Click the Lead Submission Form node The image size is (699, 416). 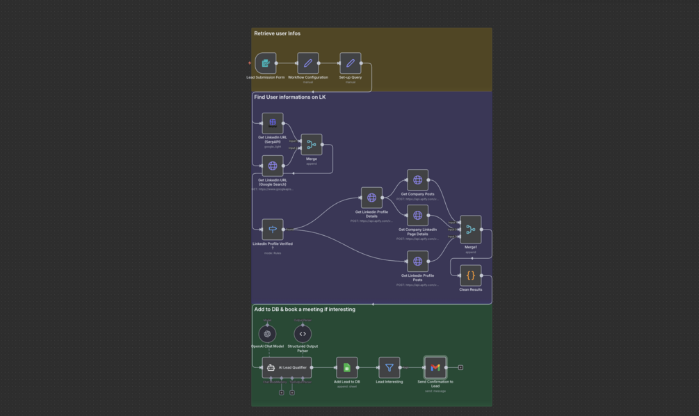266,63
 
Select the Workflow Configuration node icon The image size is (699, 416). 308,63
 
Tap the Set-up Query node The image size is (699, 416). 351,63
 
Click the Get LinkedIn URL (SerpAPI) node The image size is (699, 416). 273,123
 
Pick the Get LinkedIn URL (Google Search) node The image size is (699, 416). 273,166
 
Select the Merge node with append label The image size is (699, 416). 312,145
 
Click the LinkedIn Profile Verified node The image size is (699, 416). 273,230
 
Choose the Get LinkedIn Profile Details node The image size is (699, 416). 371,198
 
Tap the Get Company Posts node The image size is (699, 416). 417,180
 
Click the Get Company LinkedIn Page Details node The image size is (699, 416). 417,216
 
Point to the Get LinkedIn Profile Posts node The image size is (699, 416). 417,262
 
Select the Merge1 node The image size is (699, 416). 471,230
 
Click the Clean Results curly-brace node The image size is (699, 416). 471,275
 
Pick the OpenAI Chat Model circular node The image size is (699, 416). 267,334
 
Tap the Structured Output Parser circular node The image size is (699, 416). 303,334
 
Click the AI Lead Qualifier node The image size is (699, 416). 287,367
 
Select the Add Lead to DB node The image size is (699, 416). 347,367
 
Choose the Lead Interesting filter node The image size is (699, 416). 389,367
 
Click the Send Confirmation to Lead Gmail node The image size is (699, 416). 435,367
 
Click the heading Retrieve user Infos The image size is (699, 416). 278,33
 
